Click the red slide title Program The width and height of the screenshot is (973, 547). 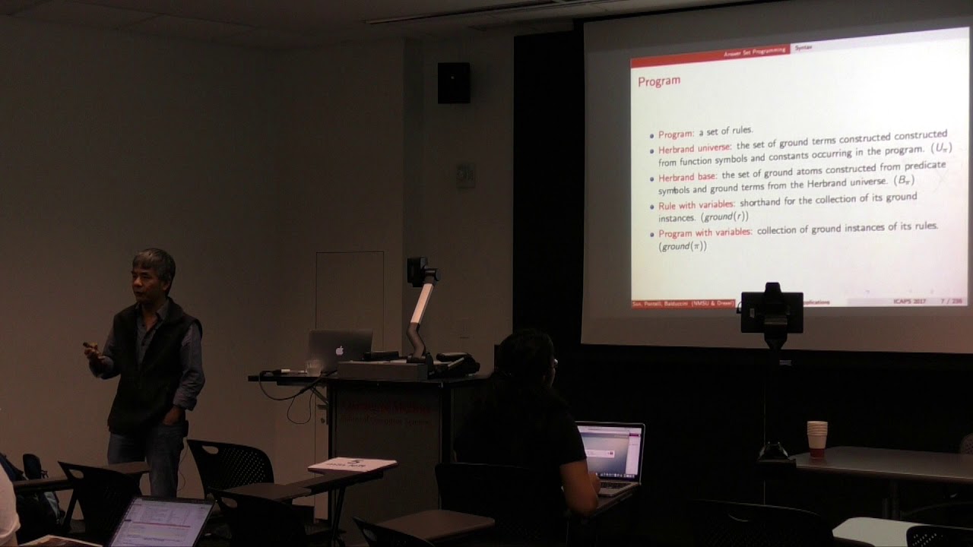[658, 81]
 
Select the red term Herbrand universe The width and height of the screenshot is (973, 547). [694, 148]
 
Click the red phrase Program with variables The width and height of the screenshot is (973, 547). [705, 233]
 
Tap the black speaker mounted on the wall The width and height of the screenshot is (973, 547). [453, 82]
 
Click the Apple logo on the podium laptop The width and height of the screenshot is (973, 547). [340, 351]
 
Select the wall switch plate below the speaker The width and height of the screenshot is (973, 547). [465, 175]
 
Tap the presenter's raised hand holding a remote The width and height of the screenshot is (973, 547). [93, 351]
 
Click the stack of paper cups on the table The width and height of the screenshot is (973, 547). [816, 438]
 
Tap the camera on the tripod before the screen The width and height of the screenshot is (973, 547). [772, 310]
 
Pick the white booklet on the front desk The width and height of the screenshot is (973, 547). [351, 465]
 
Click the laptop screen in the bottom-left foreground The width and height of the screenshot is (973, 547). [161, 523]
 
